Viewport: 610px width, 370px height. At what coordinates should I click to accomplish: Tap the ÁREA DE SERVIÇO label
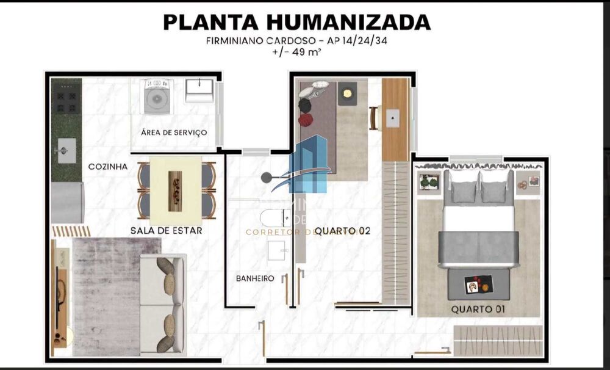(x=173, y=132)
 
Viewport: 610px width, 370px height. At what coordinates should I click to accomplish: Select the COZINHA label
(x=108, y=166)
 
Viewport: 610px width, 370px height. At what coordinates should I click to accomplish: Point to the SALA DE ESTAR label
(x=166, y=231)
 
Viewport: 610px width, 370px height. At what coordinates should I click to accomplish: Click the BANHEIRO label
(x=255, y=278)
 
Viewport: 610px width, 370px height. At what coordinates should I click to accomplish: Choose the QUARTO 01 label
(x=478, y=310)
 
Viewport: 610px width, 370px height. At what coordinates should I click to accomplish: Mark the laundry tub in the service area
(x=199, y=91)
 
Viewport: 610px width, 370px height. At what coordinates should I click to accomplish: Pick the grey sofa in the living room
(x=162, y=303)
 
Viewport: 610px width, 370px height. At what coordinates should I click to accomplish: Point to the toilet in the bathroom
(x=275, y=217)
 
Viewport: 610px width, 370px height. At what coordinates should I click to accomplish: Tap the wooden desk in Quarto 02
(x=395, y=119)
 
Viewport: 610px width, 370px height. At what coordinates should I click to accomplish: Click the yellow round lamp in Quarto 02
(x=347, y=93)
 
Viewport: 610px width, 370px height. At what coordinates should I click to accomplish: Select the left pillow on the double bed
(x=464, y=191)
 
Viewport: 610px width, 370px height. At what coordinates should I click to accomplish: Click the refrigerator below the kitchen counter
(x=67, y=203)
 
